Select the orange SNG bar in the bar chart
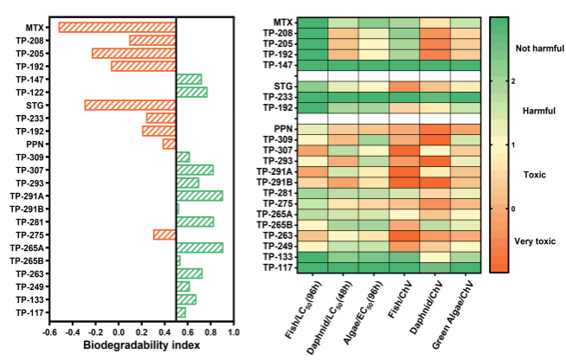click(129, 105)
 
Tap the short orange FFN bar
click(168, 144)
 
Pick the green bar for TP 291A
click(201, 196)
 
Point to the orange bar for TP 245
click(164, 235)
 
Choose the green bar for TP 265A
click(201, 247)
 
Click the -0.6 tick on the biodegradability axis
click(49, 331)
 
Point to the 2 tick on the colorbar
click(512, 80)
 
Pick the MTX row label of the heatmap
click(284, 22)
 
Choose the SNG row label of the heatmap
click(284, 87)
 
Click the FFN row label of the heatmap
click(284, 128)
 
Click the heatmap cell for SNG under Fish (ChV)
click(404, 87)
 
